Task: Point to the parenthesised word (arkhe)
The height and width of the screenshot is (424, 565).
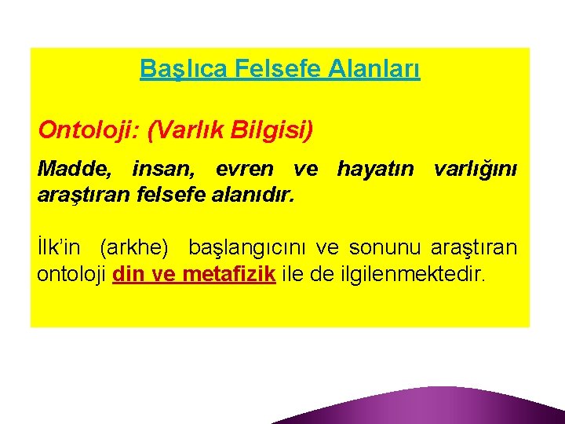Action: [134, 249]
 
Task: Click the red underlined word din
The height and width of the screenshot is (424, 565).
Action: [128, 275]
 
